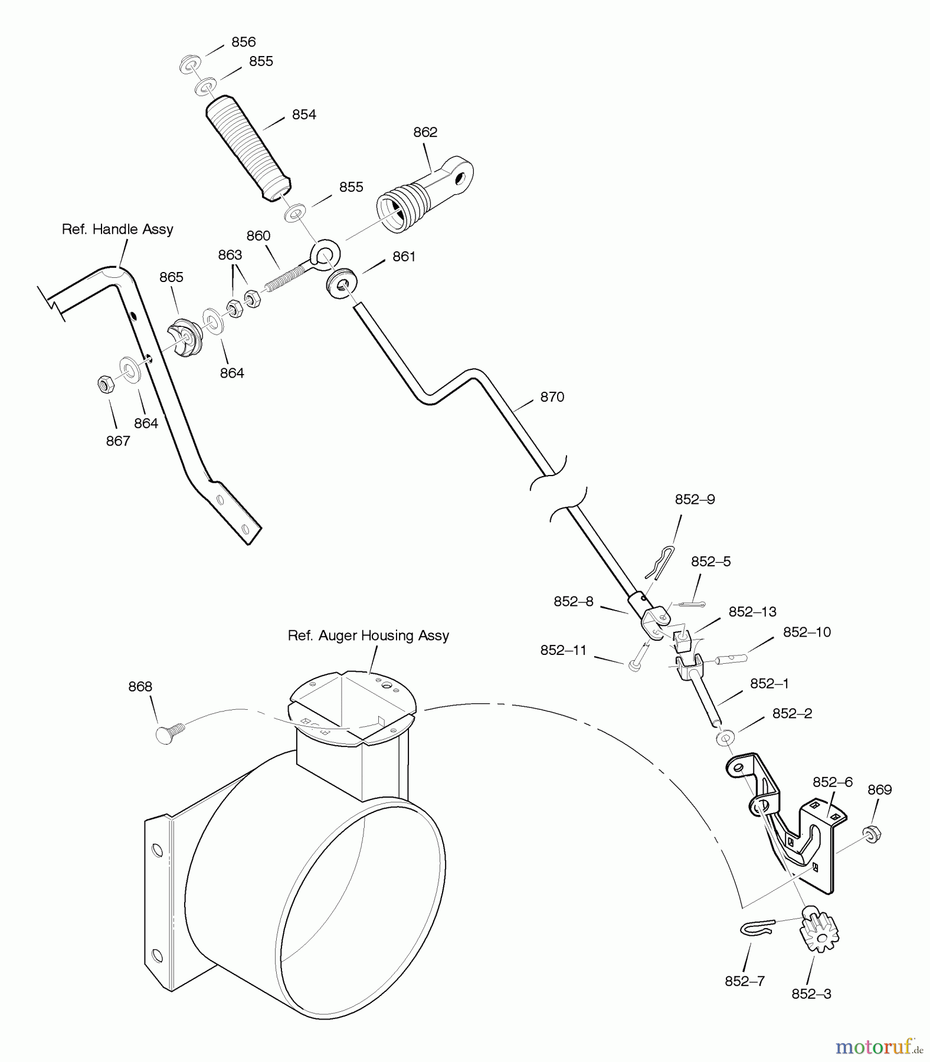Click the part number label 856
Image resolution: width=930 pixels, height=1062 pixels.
[243, 42]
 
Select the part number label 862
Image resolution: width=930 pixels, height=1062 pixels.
[425, 132]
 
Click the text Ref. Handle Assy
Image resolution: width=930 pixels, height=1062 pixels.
[117, 230]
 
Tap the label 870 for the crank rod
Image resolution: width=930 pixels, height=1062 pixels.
[552, 397]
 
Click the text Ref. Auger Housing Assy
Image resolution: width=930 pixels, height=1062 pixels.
[368, 635]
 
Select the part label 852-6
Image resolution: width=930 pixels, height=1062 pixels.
[832, 782]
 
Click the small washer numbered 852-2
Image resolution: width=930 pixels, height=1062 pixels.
[725, 737]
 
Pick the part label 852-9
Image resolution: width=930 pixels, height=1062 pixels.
[695, 500]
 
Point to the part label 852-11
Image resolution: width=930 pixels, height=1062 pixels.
[563, 650]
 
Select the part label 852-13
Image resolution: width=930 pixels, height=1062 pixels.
[752, 612]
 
